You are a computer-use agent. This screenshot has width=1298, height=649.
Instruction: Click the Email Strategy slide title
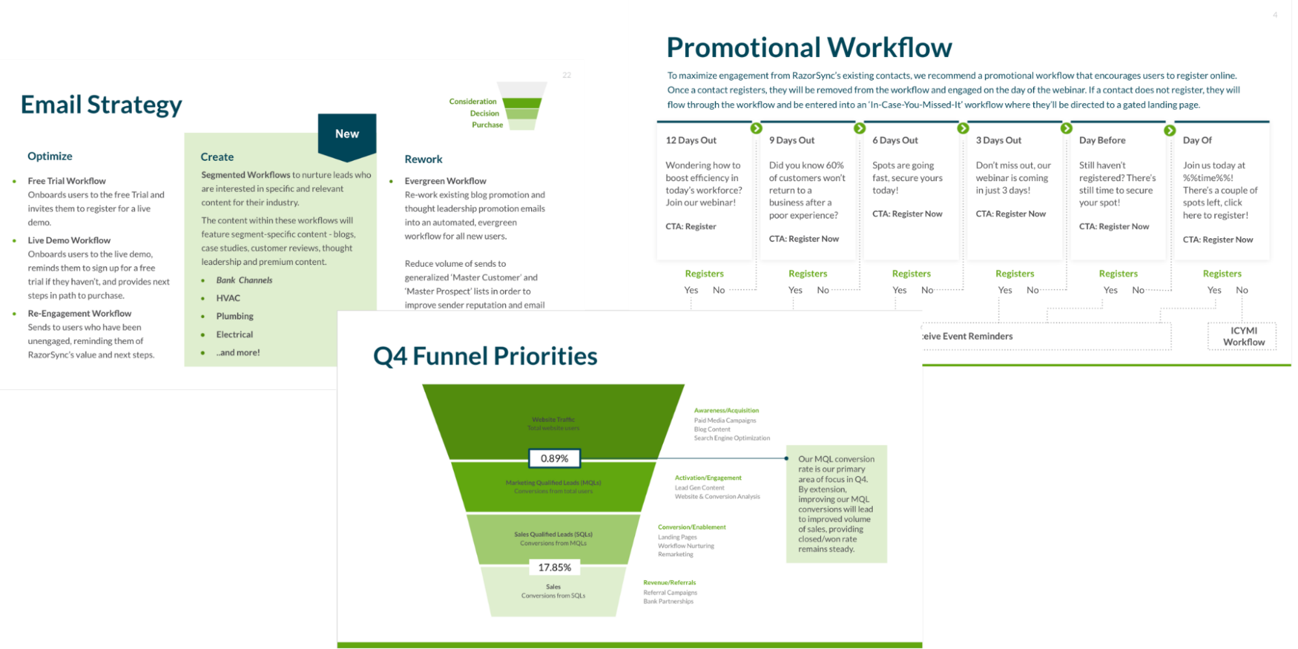pyautogui.click(x=101, y=105)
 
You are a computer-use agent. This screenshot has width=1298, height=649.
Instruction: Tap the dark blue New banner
pyautogui.click(x=347, y=134)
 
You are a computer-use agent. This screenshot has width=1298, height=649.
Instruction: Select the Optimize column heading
pyautogui.click(x=50, y=156)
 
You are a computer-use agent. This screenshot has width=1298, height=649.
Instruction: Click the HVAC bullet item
pyautogui.click(x=228, y=298)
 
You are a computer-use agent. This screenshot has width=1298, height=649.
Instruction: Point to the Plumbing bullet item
pyautogui.click(x=234, y=316)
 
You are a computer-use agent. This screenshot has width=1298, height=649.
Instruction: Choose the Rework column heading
pyautogui.click(x=423, y=160)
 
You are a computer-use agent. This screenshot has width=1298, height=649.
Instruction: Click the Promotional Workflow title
pyautogui.click(x=809, y=48)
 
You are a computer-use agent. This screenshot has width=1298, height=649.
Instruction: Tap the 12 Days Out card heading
pyautogui.click(x=691, y=140)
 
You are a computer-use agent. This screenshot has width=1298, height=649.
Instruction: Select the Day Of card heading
pyautogui.click(x=1197, y=140)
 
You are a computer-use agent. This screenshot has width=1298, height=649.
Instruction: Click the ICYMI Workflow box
pyautogui.click(x=1243, y=336)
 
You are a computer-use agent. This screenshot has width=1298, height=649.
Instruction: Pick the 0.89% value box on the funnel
pyautogui.click(x=554, y=459)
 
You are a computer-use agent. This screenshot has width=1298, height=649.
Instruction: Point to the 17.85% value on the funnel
pyautogui.click(x=555, y=568)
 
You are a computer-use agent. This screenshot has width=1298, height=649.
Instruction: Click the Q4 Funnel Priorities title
pyautogui.click(x=485, y=356)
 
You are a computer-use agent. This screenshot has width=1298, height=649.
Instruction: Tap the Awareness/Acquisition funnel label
pyautogui.click(x=726, y=411)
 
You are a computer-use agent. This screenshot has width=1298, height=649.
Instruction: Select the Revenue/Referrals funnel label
pyautogui.click(x=669, y=583)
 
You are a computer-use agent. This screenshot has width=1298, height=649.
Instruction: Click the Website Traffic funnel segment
pyautogui.click(x=553, y=423)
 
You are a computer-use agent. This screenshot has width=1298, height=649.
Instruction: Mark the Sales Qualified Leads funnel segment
pyautogui.click(x=553, y=539)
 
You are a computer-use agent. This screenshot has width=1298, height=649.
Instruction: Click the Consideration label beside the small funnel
pyautogui.click(x=473, y=102)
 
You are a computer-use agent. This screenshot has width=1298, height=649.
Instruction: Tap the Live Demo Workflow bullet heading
pyautogui.click(x=69, y=241)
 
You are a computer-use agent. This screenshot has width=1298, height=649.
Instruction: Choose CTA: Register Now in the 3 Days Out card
pyautogui.click(x=1010, y=214)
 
